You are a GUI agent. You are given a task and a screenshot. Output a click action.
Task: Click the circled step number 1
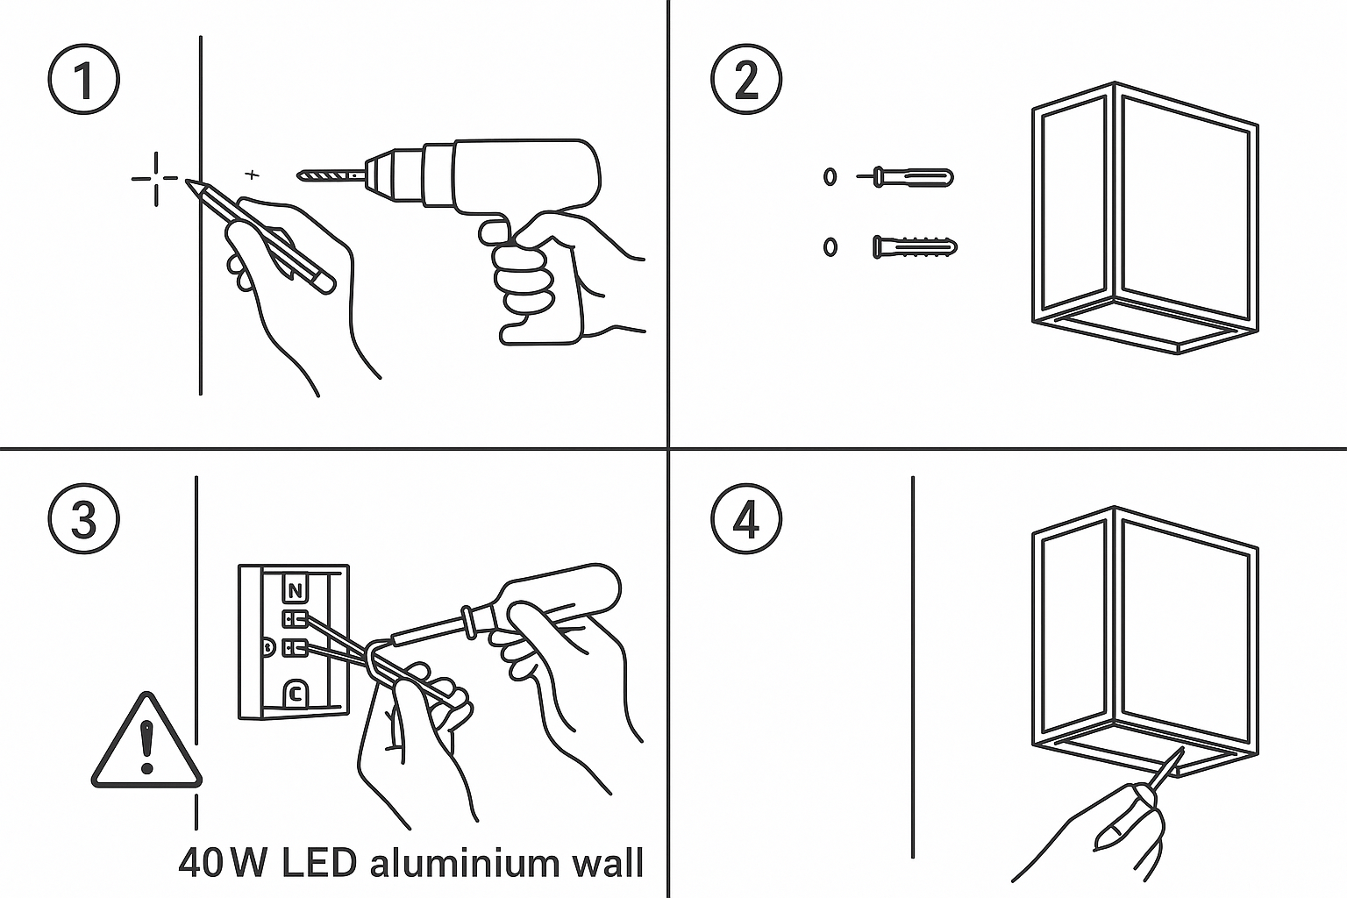[83, 82]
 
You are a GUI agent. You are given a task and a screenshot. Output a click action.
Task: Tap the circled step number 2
[745, 82]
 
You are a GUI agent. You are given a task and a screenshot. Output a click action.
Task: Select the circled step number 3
[83, 520]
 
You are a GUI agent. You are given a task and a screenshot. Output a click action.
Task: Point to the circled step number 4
[745, 520]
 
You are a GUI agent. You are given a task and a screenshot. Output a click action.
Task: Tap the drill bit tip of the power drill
[303, 176]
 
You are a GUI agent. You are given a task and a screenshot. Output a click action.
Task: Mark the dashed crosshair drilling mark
[156, 179]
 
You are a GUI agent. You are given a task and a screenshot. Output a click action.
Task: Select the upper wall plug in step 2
[912, 176]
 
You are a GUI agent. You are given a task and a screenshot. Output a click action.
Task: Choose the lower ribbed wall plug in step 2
[915, 247]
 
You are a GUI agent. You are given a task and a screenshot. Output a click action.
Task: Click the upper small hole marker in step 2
[830, 176]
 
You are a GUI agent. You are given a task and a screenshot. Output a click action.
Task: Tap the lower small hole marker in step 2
[830, 247]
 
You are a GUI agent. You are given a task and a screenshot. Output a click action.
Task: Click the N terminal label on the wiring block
[296, 590]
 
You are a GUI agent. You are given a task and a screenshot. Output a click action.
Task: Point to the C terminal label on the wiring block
[296, 695]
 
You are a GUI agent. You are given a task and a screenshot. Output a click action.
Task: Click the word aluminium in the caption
[461, 863]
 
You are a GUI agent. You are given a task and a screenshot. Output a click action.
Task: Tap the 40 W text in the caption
[223, 863]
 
